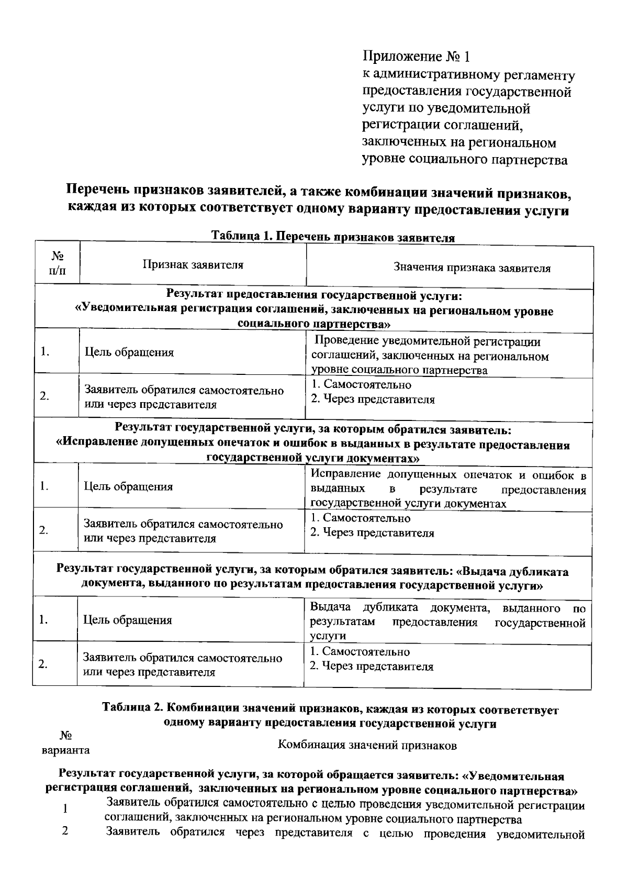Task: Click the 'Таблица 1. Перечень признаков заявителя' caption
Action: [333, 237]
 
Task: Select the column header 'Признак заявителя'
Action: [193, 265]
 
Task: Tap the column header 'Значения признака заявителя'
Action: [472, 269]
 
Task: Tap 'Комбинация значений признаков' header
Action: [367, 745]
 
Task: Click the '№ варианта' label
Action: [65, 743]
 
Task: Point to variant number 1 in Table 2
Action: [65, 809]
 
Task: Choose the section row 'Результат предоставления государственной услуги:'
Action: [314, 295]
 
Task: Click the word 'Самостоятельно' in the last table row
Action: [366, 652]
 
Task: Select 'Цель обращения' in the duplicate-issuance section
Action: [128, 620]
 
